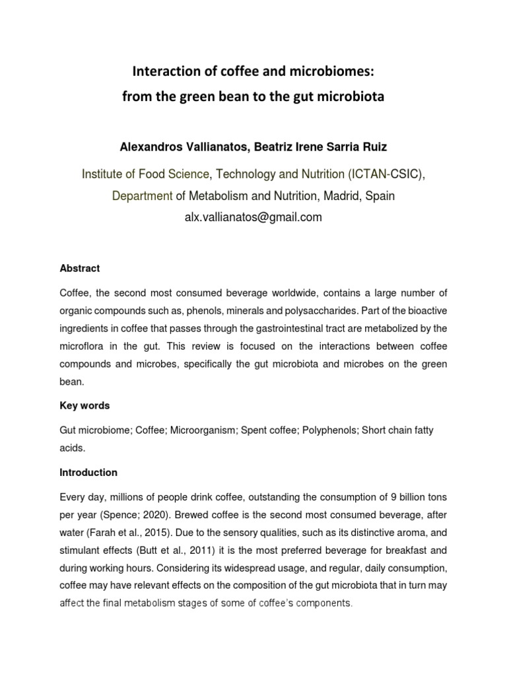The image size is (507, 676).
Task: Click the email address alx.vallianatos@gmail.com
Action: coord(253,217)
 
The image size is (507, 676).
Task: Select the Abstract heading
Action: coord(79,269)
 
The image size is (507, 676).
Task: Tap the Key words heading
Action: coord(84,405)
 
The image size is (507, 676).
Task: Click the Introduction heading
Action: coord(88,473)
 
